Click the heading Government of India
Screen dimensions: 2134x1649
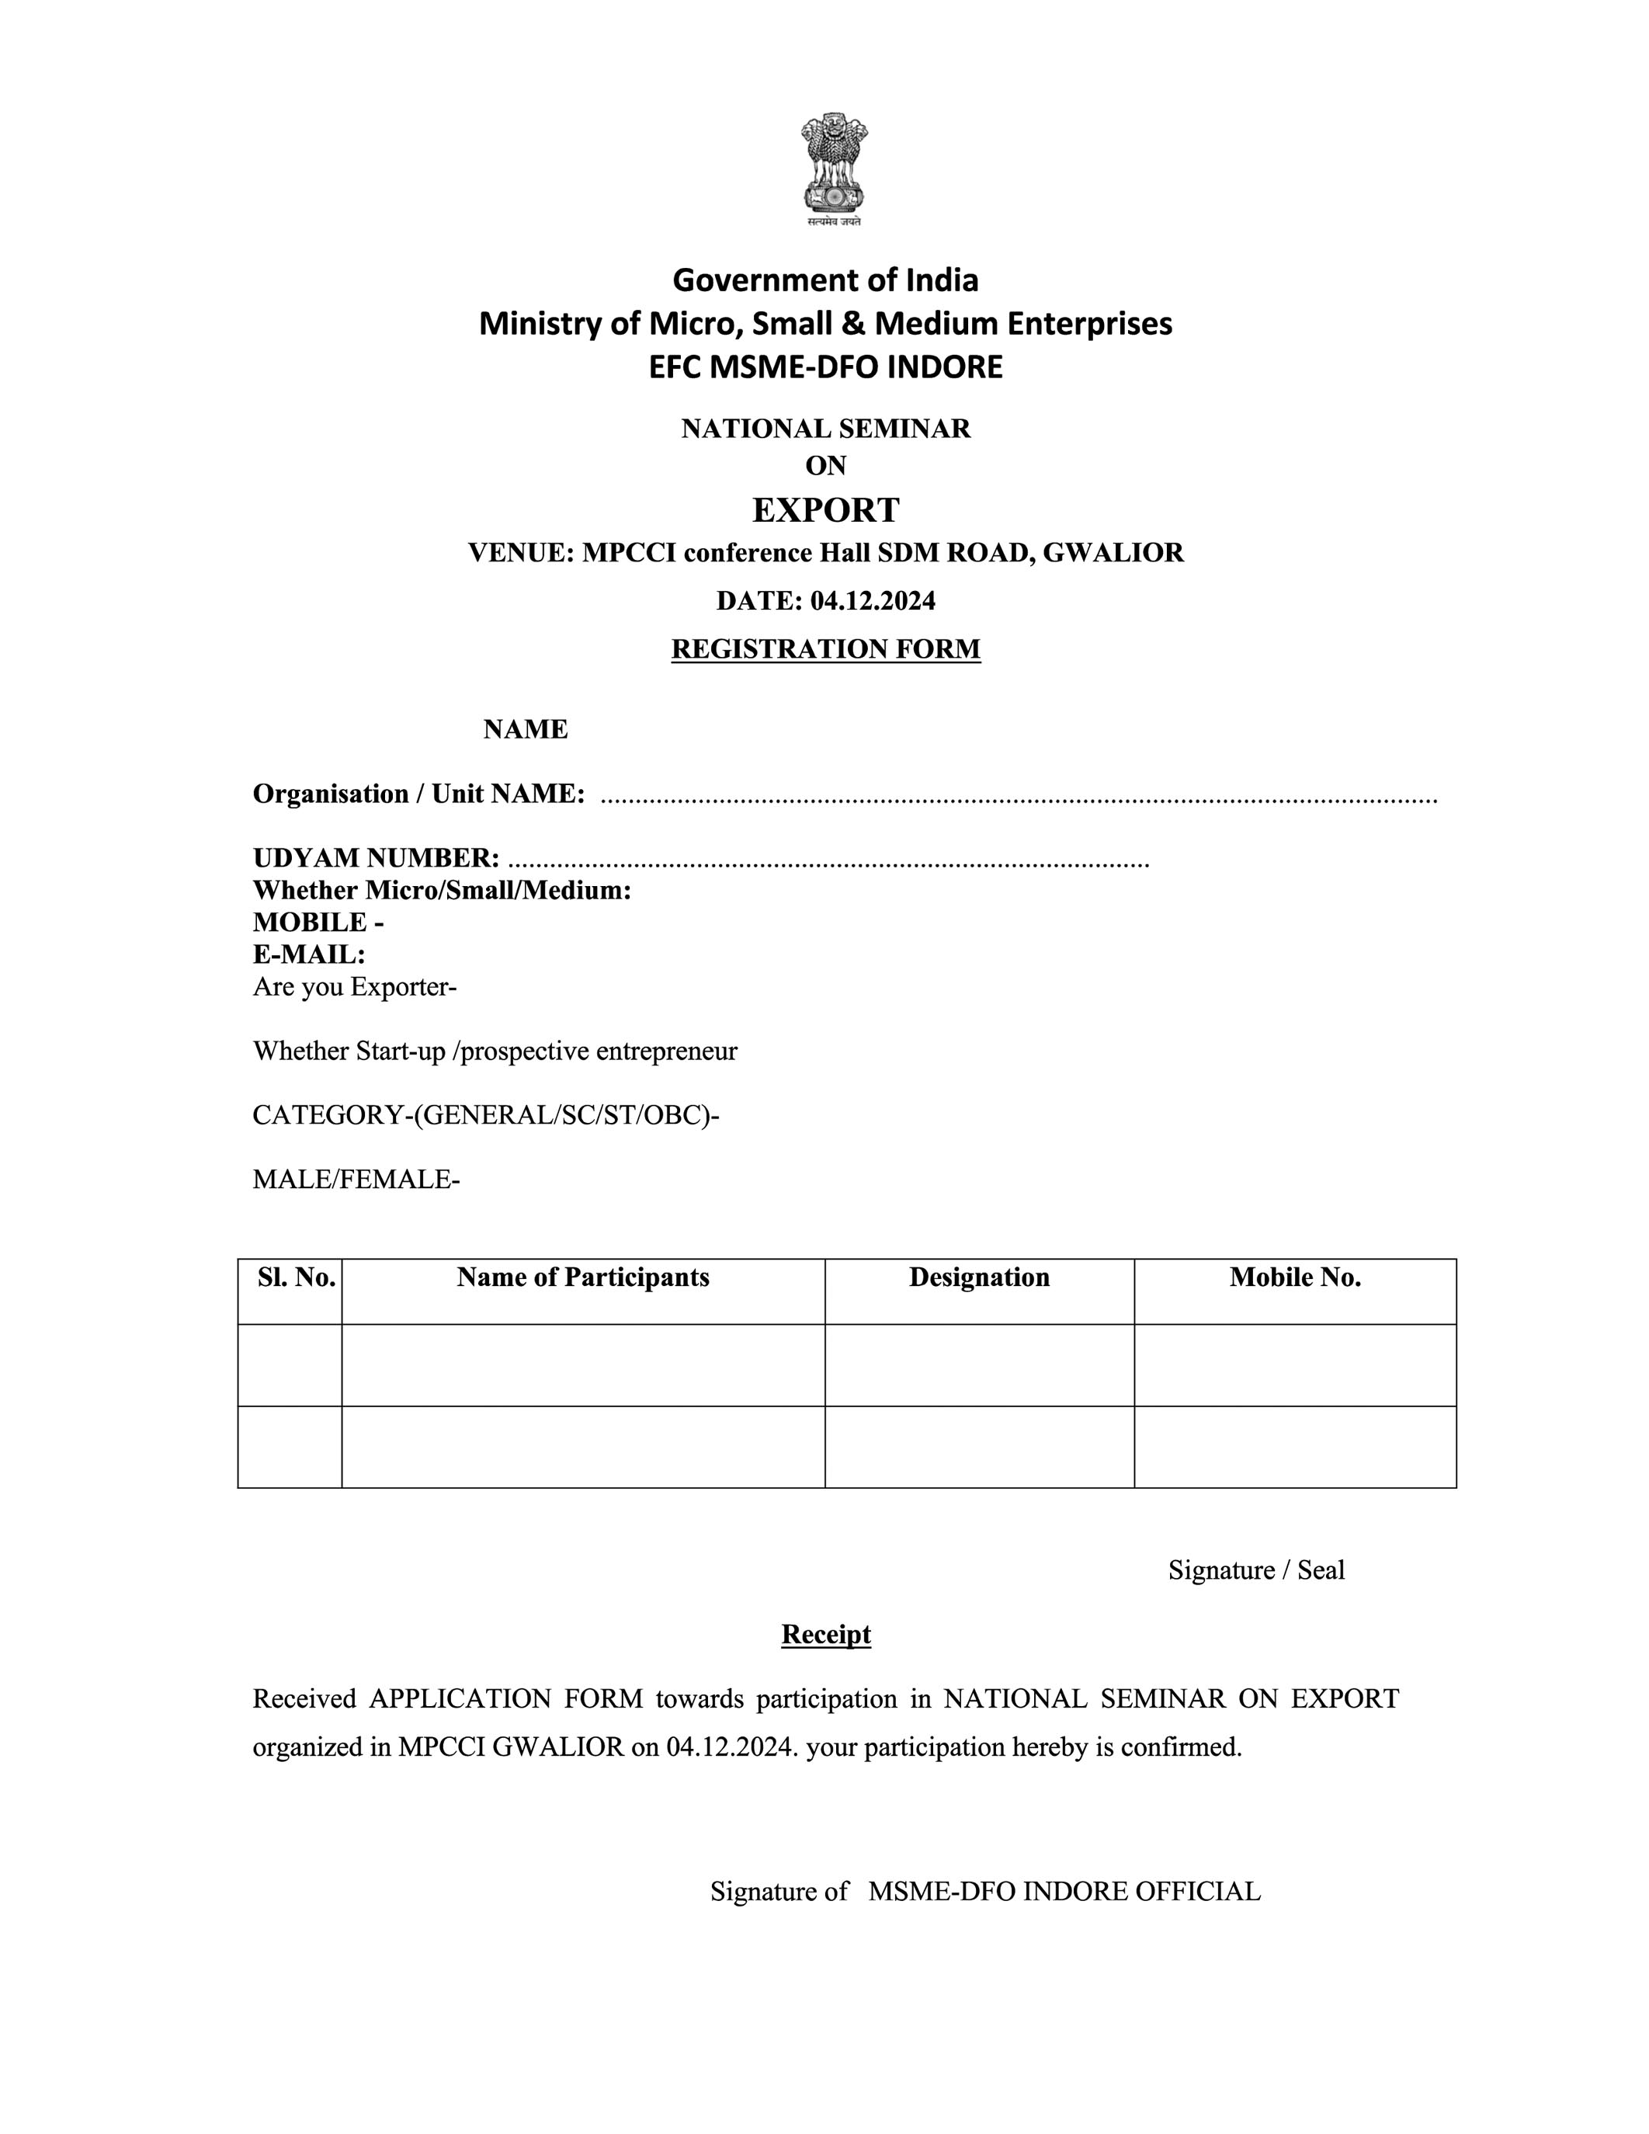(825, 280)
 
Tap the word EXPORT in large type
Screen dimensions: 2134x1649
(825, 510)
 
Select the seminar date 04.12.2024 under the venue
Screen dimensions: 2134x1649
(873, 601)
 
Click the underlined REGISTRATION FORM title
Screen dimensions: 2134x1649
(825, 648)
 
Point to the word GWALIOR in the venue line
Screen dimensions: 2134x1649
(1113, 553)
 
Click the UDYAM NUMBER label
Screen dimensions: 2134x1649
(376, 858)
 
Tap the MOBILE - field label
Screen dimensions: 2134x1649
(318, 923)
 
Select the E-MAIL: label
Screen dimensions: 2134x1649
(309, 954)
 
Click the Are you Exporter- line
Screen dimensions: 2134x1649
(355, 987)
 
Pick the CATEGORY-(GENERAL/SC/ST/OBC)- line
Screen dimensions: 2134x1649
(485, 1115)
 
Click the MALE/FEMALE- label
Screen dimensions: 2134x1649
(356, 1180)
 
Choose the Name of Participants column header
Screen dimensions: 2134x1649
(583, 1277)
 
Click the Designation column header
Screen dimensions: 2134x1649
(979, 1277)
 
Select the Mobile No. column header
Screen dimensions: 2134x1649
(1294, 1277)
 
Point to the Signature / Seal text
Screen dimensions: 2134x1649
(1256, 1570)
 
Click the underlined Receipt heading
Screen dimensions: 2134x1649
(825, 1635)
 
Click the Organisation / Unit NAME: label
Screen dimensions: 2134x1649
(419, 794)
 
